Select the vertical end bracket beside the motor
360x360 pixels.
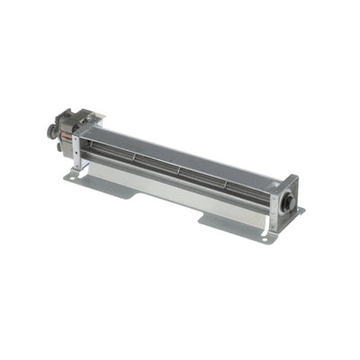point(78,149)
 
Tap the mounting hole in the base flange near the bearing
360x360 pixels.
point(266,236)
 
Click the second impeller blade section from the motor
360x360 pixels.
point(157,166)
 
